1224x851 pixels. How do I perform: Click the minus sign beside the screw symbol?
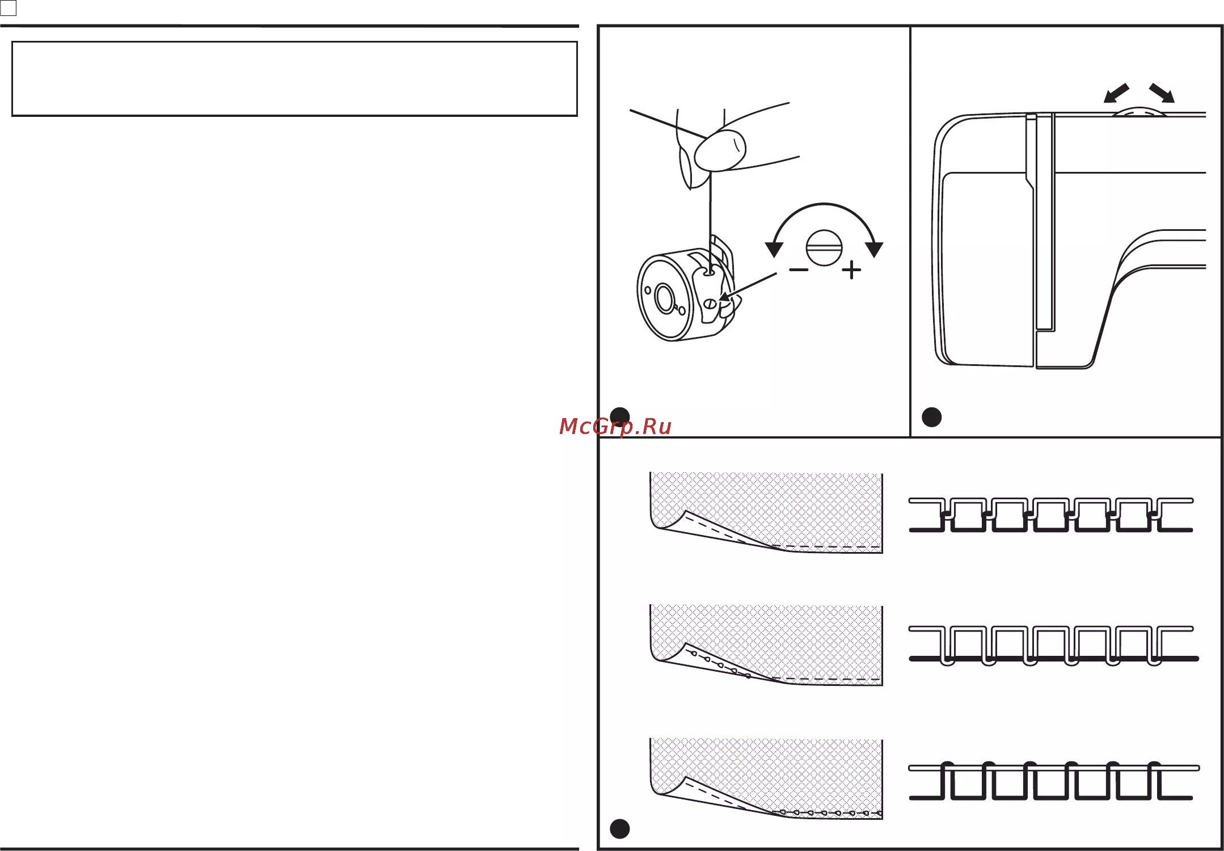pyautogui.click(x=799, y=270)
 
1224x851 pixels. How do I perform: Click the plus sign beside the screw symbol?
pyautogui.click(x=851, y=270)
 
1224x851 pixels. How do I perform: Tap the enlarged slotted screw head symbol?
pyautogui.click(x=824, y=247)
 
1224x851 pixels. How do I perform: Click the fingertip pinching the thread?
pyautogui.click(x=720, y=150)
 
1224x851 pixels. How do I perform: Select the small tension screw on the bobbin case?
pyautogui.click(x=710, y=304)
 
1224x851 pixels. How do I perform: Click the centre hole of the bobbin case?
pyautogui.click(x=664, y=298)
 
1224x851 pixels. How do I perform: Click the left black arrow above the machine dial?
pyautogui.click(x=1116, y=93)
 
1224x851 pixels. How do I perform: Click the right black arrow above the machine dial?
pyautogui.click(x=1162, y=93)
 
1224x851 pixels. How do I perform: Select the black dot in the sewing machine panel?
pyautogui.click(x=932, y=417)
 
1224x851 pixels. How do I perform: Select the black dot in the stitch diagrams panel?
pyautogui.click(x=619, y=829)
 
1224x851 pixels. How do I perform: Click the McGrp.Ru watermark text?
pyautogui.click(x=615, y=426)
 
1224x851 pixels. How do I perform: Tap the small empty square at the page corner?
pyautogui.click(x=9, y=8)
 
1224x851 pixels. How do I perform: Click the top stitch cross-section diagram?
pyautogui.click(x=1051, y=515)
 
